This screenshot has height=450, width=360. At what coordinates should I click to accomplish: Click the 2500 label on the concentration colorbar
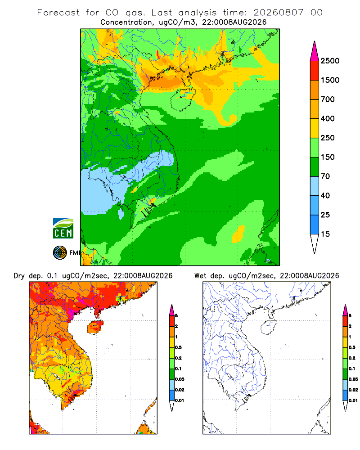coord(330,61)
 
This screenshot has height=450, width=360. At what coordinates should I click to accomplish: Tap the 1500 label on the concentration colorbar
coord(330,80)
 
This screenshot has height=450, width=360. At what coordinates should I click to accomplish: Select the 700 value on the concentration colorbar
coord(328,99)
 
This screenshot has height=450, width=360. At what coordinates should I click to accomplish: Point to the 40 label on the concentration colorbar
coord(325,195)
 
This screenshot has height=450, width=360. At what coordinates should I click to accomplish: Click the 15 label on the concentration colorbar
coord(325,234)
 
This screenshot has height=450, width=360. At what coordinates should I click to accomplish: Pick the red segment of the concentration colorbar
coord(315,71)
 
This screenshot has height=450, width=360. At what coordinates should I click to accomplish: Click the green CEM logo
coord(63,229)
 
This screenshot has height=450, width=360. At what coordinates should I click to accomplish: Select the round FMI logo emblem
coord(60,253)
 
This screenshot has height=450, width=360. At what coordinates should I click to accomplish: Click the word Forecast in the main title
coord(58,13)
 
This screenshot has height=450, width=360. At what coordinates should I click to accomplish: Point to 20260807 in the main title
coord(278,13)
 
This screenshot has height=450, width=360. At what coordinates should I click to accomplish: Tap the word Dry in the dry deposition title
coord(19,276)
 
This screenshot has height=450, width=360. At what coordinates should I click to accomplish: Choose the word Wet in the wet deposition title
coord(200,276)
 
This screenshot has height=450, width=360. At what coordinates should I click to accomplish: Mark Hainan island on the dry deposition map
coord(95,328)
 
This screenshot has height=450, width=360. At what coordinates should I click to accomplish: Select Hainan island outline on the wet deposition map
coord(269,328)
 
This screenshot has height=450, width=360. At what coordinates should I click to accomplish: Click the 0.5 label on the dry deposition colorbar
coord(178,347)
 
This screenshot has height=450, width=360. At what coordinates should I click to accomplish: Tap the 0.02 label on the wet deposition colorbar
coord(353,390)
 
